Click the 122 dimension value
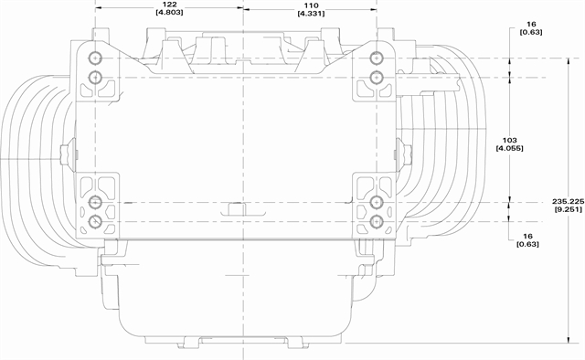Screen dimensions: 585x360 pyautogui.click(x=170, y=5)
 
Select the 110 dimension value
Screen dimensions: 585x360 pyautogui.click(x=311, y=5)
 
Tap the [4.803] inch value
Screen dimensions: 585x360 pyautogui.click(x=170, y=12)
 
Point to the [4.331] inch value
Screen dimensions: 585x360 pyautogui.click(x=311, y=14)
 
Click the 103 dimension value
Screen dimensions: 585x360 pyautogui.click(x=510, y=141)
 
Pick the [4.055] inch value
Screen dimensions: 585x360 pyautogui.click(x=510, y=148)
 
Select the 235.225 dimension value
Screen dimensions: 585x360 pyautogui.click(x=567, y=201)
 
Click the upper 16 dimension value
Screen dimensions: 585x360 pyautogui.click(x=531, y=25)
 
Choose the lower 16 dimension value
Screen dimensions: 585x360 pyautogui.click(x=527, y=236)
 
